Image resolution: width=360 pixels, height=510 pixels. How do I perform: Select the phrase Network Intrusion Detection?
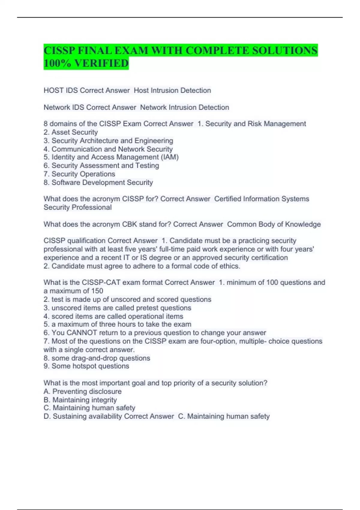pos(184,107)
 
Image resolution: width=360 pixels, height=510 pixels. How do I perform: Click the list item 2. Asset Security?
pos(71,132)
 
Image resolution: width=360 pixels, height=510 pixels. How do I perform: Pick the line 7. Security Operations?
pos(79,174)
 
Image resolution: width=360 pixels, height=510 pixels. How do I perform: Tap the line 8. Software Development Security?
pos(98,182)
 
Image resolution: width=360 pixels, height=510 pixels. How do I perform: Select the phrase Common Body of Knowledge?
pos(274,224)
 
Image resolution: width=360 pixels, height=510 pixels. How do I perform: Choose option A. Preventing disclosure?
pos(82,391)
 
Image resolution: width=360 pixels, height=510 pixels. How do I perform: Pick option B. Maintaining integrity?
pos(80,400)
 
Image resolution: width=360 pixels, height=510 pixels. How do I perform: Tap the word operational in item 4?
pos(145,316)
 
